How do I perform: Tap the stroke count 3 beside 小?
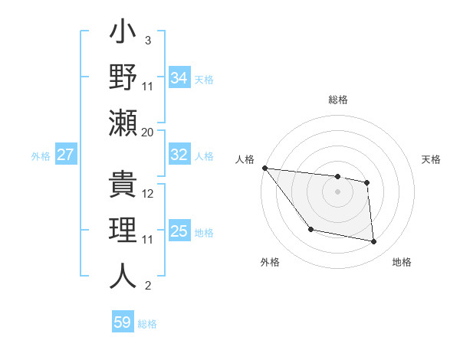click(x=147, y=41)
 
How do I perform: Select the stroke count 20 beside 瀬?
click(x=148, y=132)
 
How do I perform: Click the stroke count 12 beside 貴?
click(x=148, y=195)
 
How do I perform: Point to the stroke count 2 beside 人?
click(x=147, y=286)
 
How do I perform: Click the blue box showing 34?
click(x=179, y=77)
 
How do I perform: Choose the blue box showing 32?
click(x=179, y=155)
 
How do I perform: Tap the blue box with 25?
click(x=179, y=231)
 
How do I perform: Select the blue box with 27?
click(x=65, y=155)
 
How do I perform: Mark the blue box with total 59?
click(x=123, y=322)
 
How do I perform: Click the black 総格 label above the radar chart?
click(x=337, y=100)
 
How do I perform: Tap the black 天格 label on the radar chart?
click(x=431, y=159)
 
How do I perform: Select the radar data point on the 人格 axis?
click(x=264, y=168)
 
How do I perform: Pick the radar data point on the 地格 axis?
click(x=374, y=241)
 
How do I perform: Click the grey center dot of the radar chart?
click(x=337, y=191)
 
